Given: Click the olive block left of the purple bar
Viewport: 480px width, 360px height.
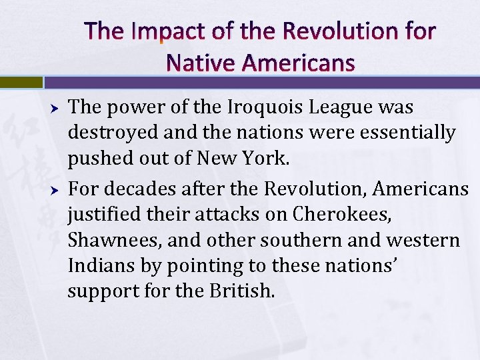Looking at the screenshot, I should click(x=21, y=83).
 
